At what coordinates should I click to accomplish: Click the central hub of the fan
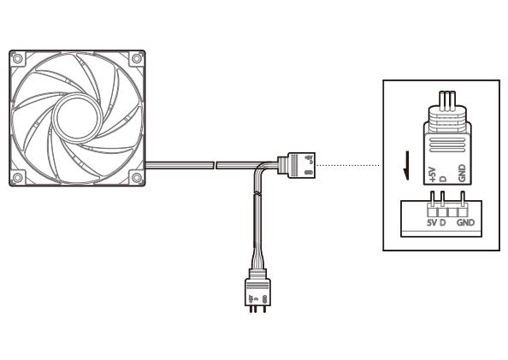(x=77, y=118)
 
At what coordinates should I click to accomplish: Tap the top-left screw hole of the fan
(x=17, y=59)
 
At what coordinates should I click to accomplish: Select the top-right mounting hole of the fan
(x=137, y=59)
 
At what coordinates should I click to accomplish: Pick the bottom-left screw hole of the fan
(x=17, y=178)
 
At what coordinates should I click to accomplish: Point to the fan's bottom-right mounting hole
(x=137, y=178)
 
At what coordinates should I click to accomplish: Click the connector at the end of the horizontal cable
(x=297, y=165)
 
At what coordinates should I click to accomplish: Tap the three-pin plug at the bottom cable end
(x=257, y=290)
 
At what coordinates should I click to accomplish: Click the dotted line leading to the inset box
(x=349, y=166)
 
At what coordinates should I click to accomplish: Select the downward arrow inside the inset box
(x=406, y=165)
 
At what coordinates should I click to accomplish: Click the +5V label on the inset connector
(x=432, y=174)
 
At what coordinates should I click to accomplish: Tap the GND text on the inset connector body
(x=462, y=173)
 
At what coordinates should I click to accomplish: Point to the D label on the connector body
(x=443, y=179)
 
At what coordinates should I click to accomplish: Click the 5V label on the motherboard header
(x=432, y=222)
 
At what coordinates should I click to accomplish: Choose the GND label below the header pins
(x=465, y=222)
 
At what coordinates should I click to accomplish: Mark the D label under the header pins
(x=443, y=222)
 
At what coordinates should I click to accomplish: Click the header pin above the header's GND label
(x=463, y=199)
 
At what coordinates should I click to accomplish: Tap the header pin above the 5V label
(x=432, y=199)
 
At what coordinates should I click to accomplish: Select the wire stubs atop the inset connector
(x=446, y=98)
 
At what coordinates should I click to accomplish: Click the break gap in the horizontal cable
(x=216, y=165)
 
